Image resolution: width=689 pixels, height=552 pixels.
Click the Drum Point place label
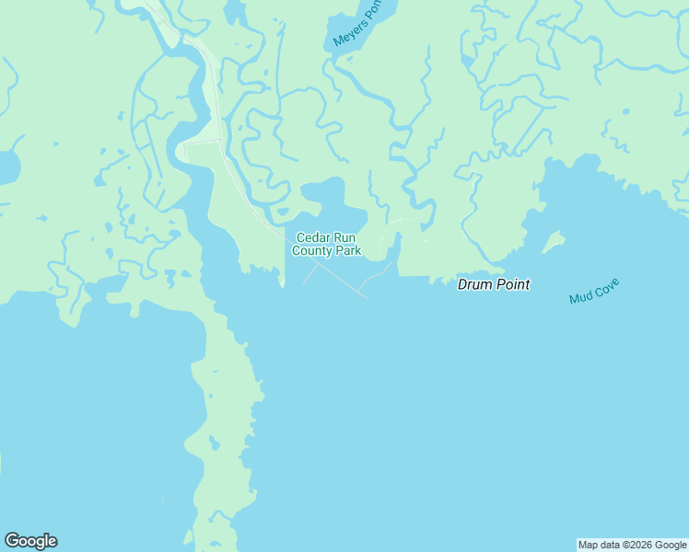pyautogui.click(x=494, y=284)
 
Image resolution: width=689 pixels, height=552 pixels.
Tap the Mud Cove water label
pyautogui.click(x=594, y=291)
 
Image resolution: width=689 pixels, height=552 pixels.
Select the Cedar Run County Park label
pyautogui.click(x=326, y=244)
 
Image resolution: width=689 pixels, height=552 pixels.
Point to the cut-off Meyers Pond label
pyautogui.click(x=356, y=24)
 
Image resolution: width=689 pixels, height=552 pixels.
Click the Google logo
pyautogui.click(x=30, y=541)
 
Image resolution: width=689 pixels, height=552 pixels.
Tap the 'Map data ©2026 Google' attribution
pyautogui.click(x=632, y=545)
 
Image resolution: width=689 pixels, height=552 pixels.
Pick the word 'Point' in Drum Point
pyautogui.click(x=514, y=284)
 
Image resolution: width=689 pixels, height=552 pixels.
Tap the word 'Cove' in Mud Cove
pyautogui.click(x=607, y=286)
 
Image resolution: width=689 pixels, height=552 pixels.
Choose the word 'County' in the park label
pyautogui.click(x=312, y=250)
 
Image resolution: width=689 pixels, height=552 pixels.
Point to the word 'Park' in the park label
pyautogui.click(x=347, y=250)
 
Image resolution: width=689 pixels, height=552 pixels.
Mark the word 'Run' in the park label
pyautogui.click(x=344, y=237)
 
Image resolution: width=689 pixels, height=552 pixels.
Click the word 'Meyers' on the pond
pyautogui.click(x=349, y=29)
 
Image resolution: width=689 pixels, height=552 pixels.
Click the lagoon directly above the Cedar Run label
pyautogui.click(x=324, y=195)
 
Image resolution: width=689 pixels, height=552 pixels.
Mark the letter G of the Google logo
pyautogui.click(x=12, y=541)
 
